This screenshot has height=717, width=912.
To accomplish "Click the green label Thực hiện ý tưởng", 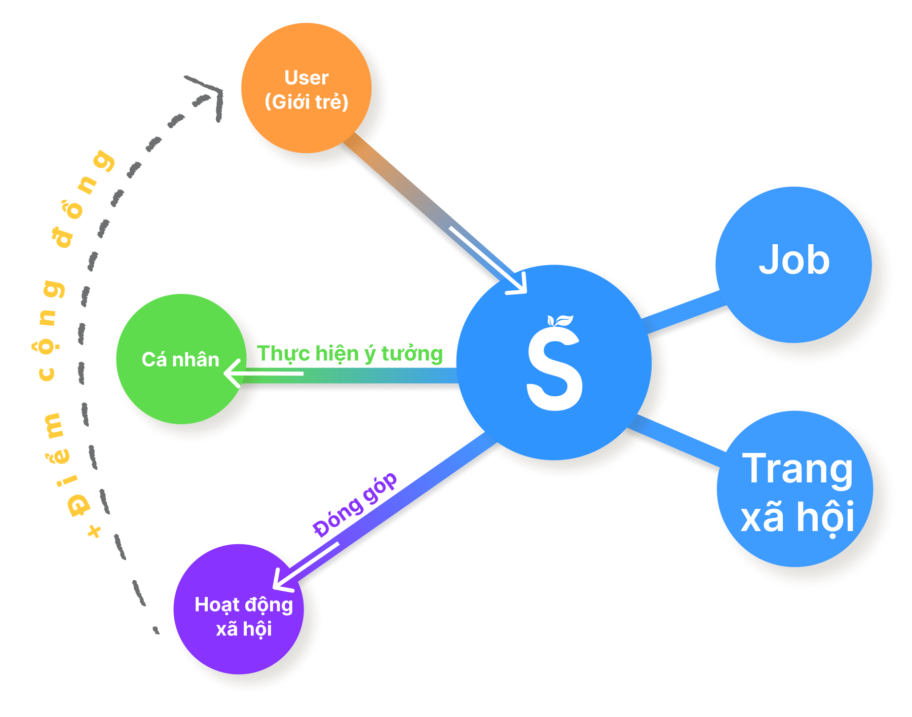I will coord(350,354).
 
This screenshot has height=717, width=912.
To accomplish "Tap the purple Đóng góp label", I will coord(355,504).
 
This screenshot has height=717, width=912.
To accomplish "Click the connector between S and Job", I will coord(684,311).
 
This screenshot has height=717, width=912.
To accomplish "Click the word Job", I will coord(794,260).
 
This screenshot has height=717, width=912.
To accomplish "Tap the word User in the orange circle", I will coord(307,78).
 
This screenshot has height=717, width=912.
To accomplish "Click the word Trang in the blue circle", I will coord(797,469).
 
